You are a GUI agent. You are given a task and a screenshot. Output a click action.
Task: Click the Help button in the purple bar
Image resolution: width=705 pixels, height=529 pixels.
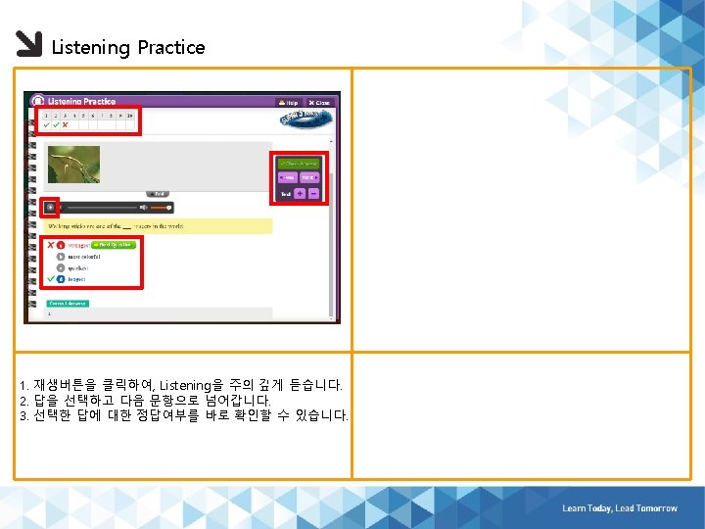coord(288,102)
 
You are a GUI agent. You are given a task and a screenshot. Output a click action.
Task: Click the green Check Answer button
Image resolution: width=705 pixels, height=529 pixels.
coord(298,163)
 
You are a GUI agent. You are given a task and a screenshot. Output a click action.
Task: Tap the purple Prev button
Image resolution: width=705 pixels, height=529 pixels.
coord(287,177)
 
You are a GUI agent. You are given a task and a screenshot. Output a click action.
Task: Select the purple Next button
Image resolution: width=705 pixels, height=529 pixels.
coord(309,177)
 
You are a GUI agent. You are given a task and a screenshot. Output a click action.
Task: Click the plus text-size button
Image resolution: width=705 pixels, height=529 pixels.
coord(300,194)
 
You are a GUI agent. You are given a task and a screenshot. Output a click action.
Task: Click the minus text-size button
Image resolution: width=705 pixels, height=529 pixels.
coord(313,194)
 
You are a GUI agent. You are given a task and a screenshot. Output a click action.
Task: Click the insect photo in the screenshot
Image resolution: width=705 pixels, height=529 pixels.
coord(73,164)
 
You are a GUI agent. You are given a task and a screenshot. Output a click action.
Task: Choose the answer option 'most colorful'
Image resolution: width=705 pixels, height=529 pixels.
coord(79,256)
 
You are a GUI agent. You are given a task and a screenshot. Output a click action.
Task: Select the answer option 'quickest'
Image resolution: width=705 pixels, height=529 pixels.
coord(77,267)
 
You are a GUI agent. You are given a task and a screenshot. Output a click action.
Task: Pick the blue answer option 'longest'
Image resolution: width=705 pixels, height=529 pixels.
coord(76,279)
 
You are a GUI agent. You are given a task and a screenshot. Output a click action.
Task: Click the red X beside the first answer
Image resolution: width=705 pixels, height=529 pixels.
coord(50,244)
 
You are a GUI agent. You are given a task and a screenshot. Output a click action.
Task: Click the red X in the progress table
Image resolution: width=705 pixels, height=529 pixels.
coord(66,124)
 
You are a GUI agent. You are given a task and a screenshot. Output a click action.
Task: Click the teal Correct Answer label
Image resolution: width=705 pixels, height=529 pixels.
coord(68,304)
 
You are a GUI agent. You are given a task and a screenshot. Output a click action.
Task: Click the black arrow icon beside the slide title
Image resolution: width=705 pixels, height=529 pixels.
coord(29,45)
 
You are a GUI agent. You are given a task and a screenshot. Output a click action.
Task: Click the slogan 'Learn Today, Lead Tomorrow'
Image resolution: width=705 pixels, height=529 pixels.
coord(619,508)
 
